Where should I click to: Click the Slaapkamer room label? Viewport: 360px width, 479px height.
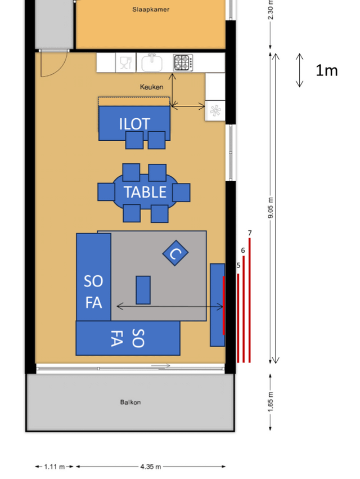tap(151, 10)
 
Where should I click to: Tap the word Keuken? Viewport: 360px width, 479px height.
tap(151, 87)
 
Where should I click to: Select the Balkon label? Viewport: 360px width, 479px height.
tap(130, 402)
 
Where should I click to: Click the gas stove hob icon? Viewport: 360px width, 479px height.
tap(183, 62)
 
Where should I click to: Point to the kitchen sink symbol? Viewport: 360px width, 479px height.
tap(152, 62)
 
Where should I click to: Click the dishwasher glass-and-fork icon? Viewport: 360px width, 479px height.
tap(125, 62)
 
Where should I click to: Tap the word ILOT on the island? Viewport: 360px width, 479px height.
tap(134, 124)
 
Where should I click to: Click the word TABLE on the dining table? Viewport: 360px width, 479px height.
tap(145, 192)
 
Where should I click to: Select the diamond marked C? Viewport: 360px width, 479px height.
tap(175, 253)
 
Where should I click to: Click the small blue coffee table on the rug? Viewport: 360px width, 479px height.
tap(143, 290)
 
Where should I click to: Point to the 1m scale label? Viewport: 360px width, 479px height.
tap(326, 70)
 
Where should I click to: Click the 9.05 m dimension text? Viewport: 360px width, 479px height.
tap(271, 208)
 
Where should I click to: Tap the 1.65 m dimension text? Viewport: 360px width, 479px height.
tap(271, 401)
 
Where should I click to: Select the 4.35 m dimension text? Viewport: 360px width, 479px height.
tap(151, 467)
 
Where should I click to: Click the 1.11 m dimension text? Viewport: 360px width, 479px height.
tap(55, 467)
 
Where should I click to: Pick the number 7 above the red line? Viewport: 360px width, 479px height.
tap(250, 233)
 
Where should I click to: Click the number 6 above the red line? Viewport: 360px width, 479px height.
tap(243, 250)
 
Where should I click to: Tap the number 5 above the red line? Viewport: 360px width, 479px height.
tap(238, 266)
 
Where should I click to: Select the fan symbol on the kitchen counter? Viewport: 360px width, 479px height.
tap(215, 110)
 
